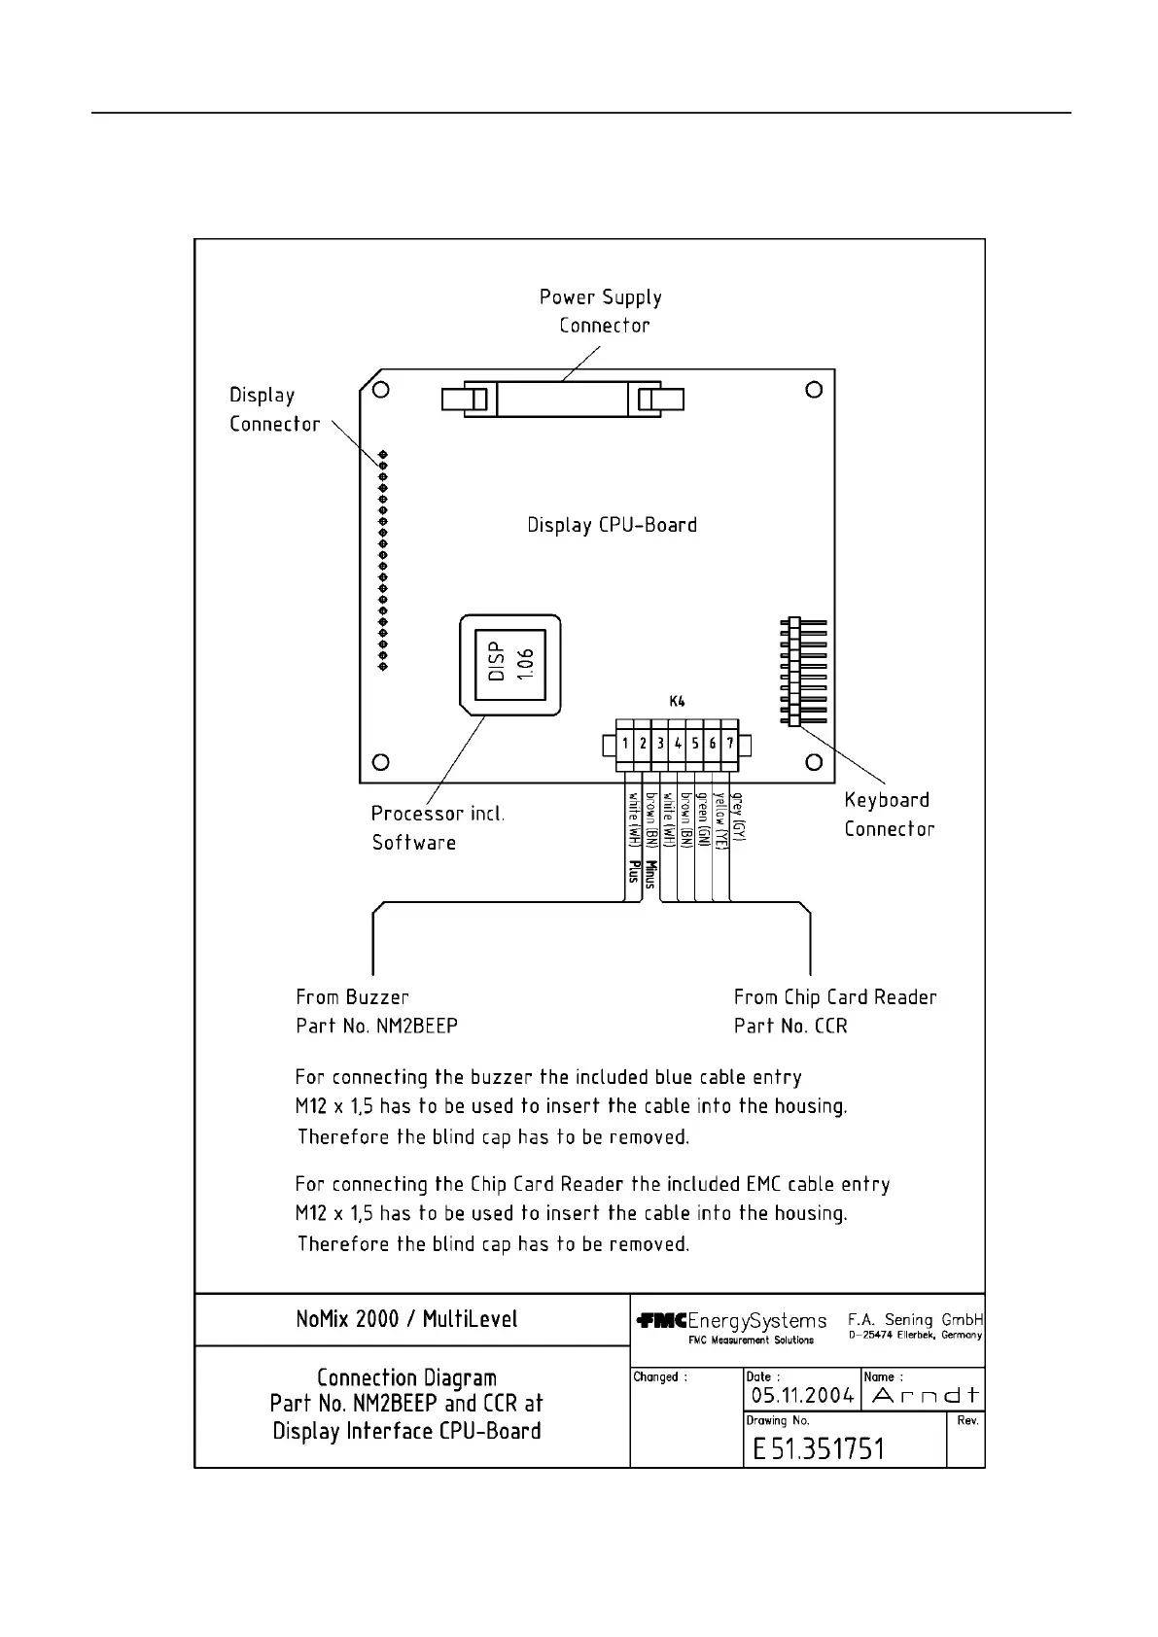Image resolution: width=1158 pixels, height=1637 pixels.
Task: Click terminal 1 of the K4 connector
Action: (x=625, y=744)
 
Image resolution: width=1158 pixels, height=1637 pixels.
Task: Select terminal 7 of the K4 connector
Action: (x=730, y=744)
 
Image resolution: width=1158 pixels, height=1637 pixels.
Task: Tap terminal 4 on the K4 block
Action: (x=678, y=744)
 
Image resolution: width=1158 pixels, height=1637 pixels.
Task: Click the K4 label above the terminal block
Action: (x=677, y=701)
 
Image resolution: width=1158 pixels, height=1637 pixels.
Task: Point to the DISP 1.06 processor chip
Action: (x=509, y=662)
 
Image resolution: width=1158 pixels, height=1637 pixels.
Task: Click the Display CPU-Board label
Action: (x=612, y=525)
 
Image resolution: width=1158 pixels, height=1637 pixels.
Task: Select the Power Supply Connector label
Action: (x=602, y=311)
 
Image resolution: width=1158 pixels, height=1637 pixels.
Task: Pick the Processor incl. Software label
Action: (x=438, y=828)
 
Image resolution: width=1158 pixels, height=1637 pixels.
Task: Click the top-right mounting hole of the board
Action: (x=815, y=390)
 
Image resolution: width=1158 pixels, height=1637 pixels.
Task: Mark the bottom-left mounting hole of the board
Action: (x=381, y=762)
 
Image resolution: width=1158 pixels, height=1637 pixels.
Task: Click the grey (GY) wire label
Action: (x=739, y=817)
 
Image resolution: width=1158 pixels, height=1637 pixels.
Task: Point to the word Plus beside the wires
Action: (x=634, y=871)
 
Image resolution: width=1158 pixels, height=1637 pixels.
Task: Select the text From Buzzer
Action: (x=352, y=997)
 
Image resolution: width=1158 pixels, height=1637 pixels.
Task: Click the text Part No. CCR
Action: (x=790, y=1027)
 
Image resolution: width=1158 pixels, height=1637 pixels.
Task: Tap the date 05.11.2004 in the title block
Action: (x=802, y=1396)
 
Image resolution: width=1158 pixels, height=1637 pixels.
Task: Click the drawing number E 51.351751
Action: (x=818, y=1449)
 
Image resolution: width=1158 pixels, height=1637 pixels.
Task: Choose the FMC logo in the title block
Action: (x=662, y=1321)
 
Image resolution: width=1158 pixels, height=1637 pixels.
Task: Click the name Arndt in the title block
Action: (x=925, y=1396)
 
